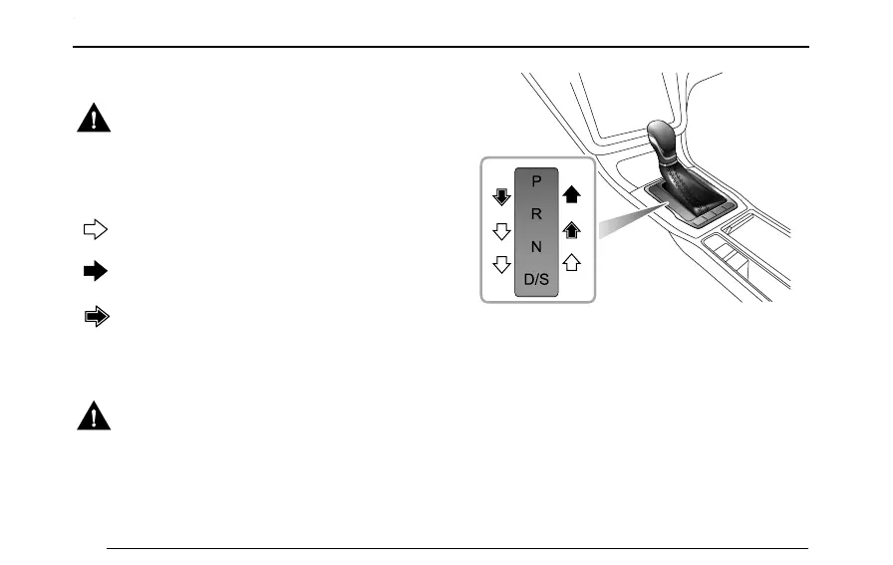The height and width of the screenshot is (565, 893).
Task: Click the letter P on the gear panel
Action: pos(536,181)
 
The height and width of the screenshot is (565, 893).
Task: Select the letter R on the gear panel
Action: pos(536,214)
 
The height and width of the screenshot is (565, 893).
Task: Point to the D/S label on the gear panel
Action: pos(536,280)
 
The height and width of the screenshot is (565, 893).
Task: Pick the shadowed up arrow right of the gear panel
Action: pos(572,230)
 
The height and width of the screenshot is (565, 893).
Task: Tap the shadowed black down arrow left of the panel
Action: pos(502,196)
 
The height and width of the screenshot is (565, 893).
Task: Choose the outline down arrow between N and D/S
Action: pos(502,265)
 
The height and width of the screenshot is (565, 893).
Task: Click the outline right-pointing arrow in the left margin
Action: pos(94,230)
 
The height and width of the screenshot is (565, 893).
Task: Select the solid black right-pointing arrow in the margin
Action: pos(94,272)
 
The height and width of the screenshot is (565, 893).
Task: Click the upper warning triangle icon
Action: pos(94,120)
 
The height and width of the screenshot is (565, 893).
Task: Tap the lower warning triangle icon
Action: pos(94,416)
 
